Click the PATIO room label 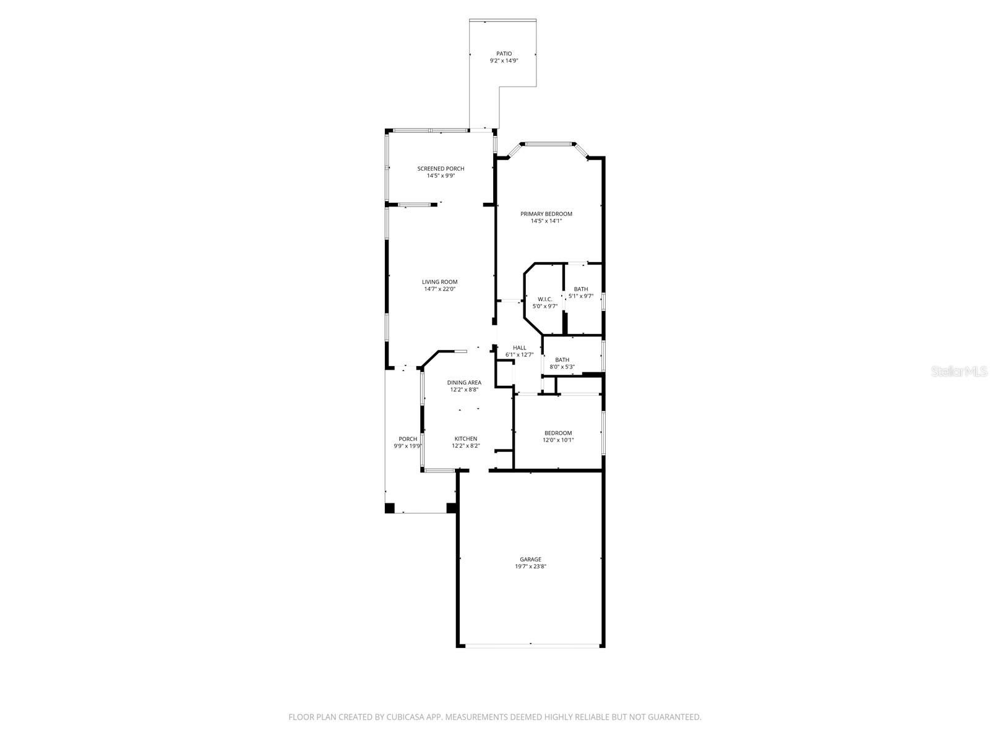coord(504,54)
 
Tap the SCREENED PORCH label coord(440,168)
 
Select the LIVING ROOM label coord(439,282)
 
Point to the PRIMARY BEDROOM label coord(546,214)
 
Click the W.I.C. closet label coord(545,299)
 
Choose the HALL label coord(519,348)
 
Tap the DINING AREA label coord(464,383)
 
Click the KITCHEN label coord(465,439)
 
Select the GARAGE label coord(530,560)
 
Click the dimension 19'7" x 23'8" coord(530,567)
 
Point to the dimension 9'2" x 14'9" coord(504,61)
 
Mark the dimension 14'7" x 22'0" coord(439,289)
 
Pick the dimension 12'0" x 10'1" coord(558,440)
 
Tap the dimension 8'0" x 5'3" coord(562,367)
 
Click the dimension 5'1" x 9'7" coord(580,296)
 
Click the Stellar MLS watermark coord(959,371)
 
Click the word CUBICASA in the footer coord(405,717)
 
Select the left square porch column coord(390,508)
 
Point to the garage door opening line coord(530,646)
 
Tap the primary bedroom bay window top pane coord(548,144)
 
